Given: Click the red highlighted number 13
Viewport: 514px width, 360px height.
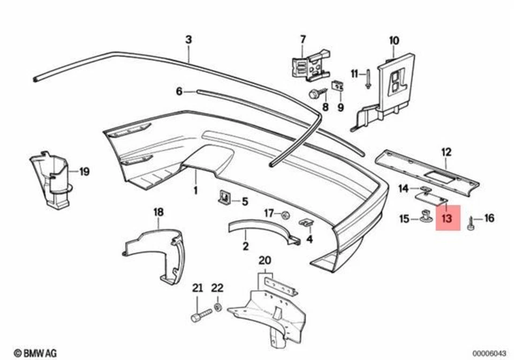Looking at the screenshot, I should click(x=448, y=218).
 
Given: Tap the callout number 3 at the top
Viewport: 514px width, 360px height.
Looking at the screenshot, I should click(x=188, y=40).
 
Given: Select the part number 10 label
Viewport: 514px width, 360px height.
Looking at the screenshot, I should click(x=394, y=40).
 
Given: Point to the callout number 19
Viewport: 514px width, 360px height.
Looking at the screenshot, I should click(x=85, y=172).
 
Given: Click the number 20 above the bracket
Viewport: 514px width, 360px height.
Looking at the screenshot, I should click(x=265, y=261).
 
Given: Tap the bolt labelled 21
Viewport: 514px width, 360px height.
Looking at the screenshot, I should click(x=198, y=316).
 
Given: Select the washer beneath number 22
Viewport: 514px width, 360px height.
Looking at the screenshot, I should click(x=217, y=307).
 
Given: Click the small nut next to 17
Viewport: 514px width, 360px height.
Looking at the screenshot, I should click(x=285, y=215).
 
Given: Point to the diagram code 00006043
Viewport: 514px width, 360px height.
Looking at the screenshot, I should click(x=489, y=352).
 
